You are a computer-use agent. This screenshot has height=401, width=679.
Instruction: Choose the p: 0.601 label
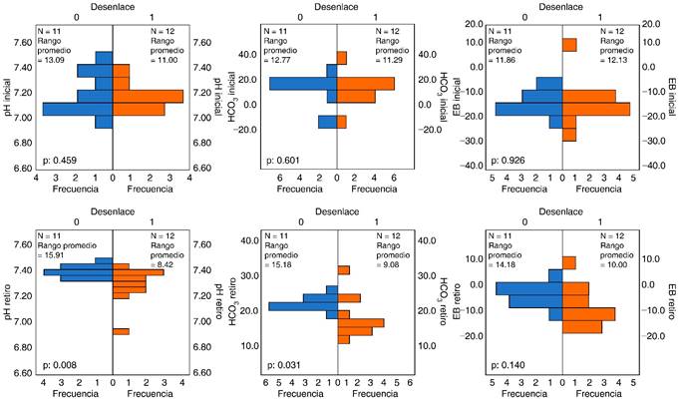281,160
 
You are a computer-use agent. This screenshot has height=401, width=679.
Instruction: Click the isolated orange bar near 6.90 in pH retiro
121,331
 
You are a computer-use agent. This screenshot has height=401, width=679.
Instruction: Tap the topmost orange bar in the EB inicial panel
569,45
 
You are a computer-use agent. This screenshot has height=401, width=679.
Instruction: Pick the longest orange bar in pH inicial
148,96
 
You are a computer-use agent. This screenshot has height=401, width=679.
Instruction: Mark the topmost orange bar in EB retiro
569,262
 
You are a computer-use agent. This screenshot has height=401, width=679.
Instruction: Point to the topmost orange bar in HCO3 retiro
343,269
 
